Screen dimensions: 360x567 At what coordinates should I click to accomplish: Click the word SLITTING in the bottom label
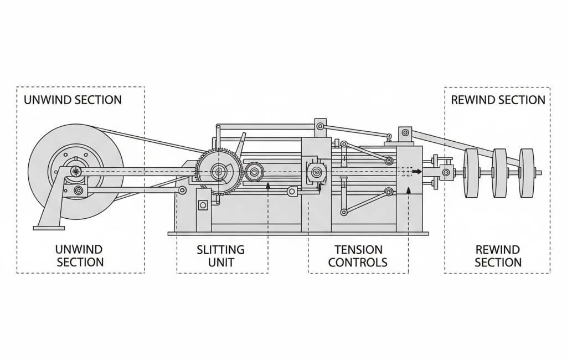220,250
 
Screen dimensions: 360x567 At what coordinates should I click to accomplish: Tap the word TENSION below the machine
358,250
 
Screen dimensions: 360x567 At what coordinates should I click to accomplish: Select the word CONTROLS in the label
358,262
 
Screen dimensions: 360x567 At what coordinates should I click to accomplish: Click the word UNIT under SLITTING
220,262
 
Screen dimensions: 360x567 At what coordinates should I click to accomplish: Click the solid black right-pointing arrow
419,172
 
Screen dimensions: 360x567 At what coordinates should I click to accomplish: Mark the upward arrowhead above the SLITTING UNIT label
268,187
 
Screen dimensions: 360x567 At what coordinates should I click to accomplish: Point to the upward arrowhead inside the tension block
409,191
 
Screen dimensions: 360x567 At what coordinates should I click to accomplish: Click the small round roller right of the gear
254,173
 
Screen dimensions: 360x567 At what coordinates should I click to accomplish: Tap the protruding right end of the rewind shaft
539,173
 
